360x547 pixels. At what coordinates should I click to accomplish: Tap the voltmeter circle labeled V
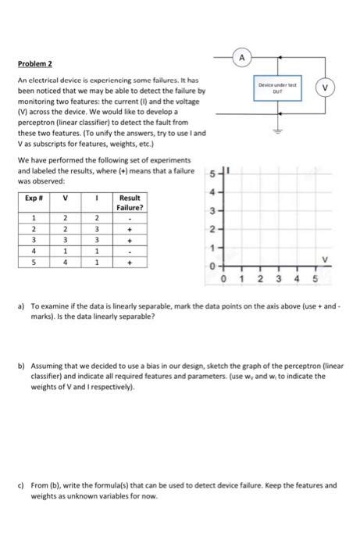(340, 88)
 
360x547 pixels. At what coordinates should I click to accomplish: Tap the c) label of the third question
(20, 484)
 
